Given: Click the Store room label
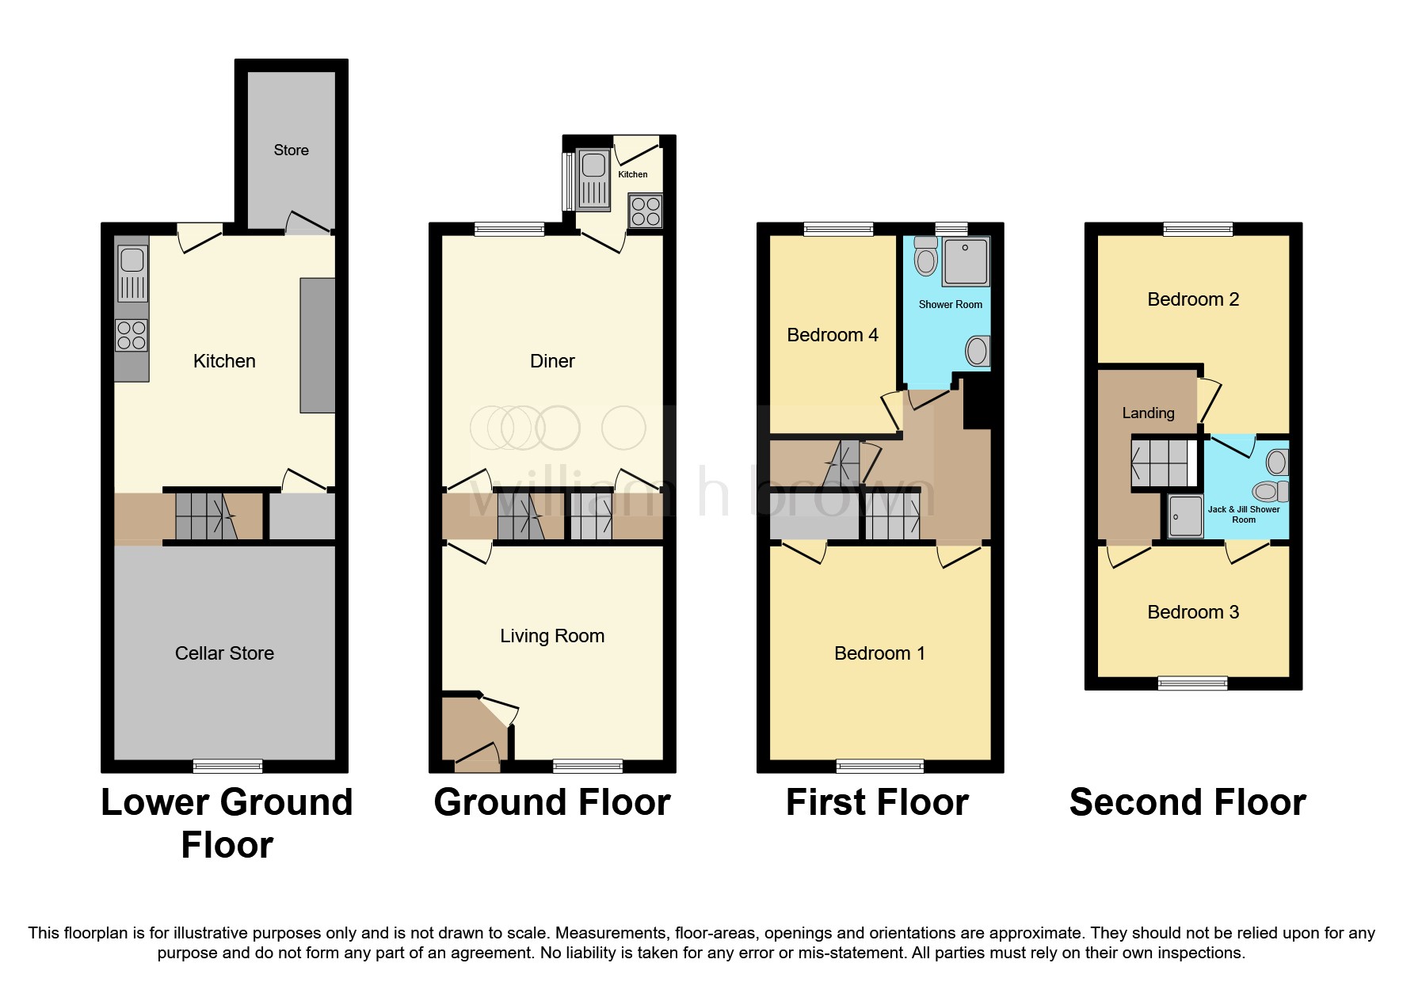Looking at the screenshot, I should (291, 150).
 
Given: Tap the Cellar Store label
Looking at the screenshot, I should (224, 653).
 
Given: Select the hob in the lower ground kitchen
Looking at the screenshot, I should (132, 335).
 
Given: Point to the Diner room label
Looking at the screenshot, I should (552, 361).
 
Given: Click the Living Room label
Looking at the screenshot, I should (552, 636).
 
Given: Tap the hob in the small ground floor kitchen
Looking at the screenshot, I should (646, 211).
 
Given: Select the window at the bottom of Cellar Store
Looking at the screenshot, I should (227, 766).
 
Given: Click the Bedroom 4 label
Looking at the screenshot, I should (832, 335).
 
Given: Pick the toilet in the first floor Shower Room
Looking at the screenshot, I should (925, 255).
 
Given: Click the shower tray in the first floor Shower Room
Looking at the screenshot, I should (966, 261).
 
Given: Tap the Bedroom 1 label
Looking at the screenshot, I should (879, 653).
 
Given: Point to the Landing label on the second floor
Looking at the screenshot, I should (1148, 413).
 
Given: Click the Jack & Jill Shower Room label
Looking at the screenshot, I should (1243, 514).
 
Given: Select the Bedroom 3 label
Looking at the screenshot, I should (1193, 612).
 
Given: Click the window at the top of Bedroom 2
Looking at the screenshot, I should (1198, 230).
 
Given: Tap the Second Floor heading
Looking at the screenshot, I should (1187, 802).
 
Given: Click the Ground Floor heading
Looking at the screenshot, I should (552, 802).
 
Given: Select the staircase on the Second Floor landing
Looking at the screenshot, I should (1163, 463).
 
